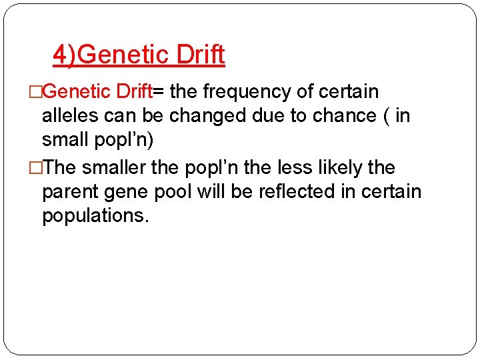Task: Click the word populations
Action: click(95, 217)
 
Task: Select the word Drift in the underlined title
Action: click(201, 55)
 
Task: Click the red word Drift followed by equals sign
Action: click(135, 91)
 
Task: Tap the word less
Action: click(274, 167)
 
